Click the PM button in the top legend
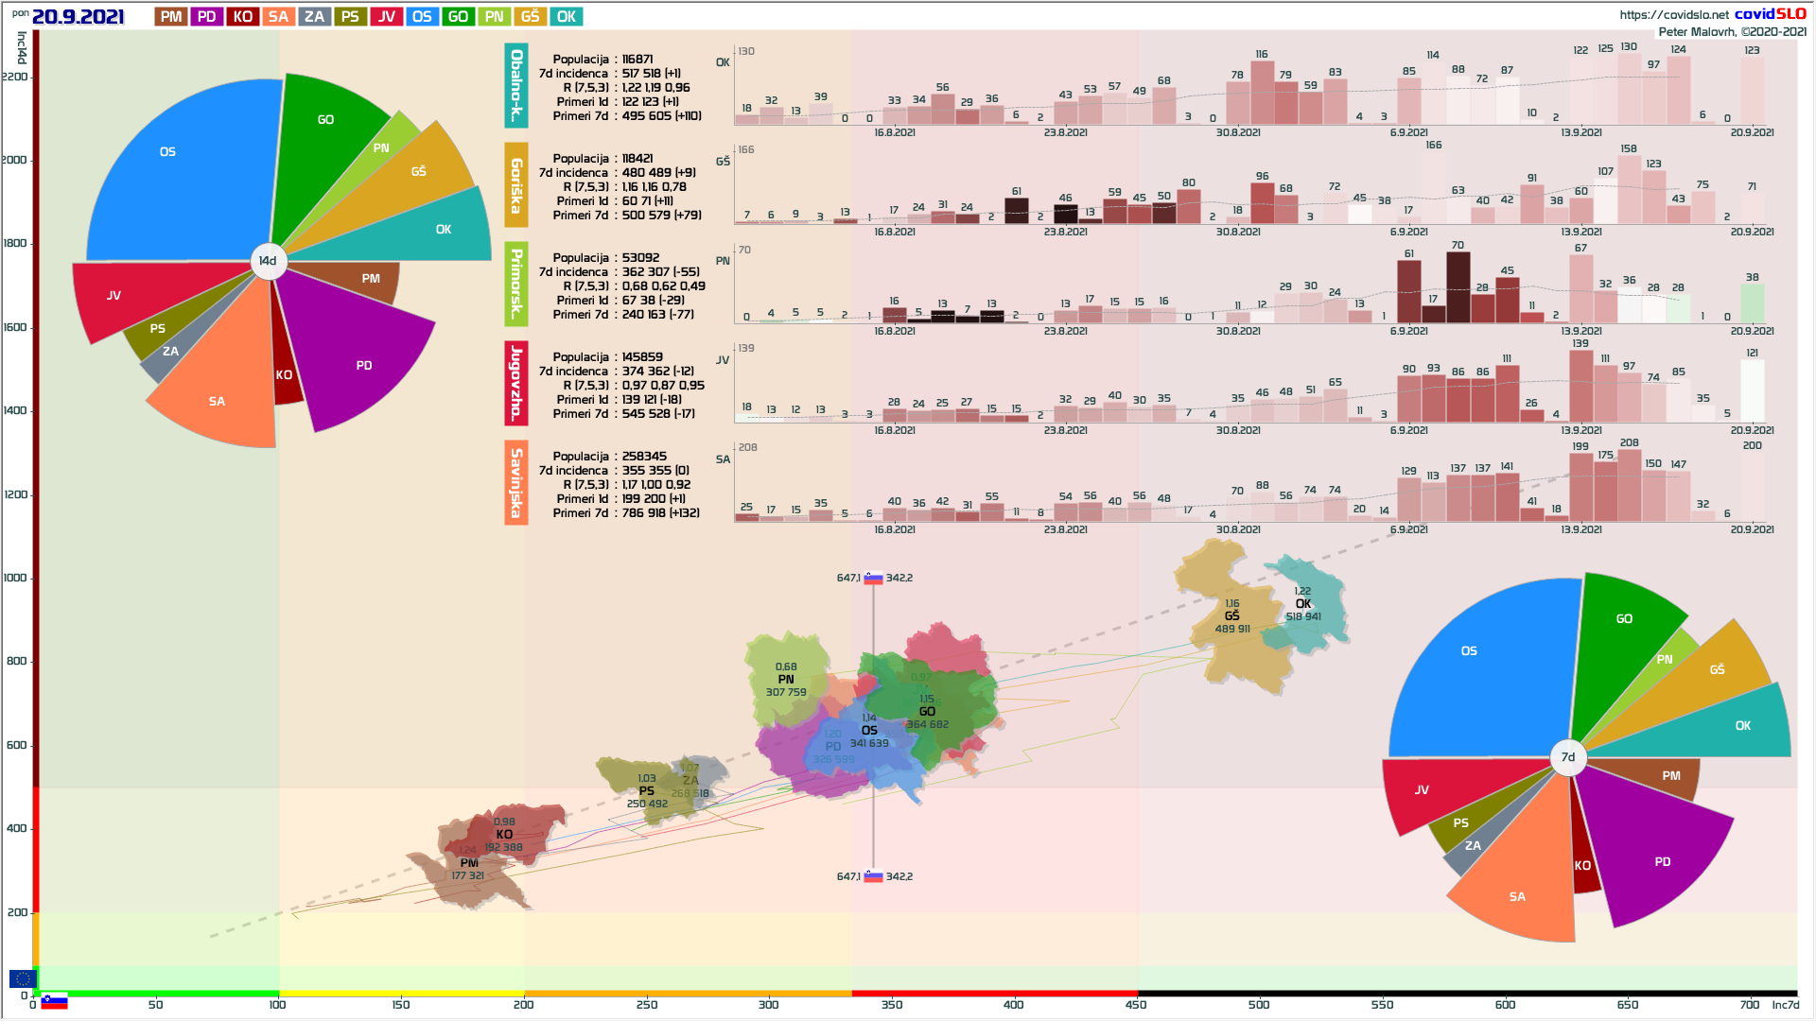(x=171, y=17)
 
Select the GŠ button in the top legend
(x=530, y=17)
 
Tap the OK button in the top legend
(x=567, y=17)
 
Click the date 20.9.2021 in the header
(x=78, y=17)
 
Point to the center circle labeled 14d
(x=268, y=261)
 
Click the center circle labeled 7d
(x=1567, y=756)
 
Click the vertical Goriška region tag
(x=515, y=185)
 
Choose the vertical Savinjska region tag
(x=515, y=482)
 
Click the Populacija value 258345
(x=644, y=457)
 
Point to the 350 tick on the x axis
(x=891, y=1005)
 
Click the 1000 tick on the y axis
(x=15, y=578)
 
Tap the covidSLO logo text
(x=1770, y=14)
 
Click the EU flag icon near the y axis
(x=23, y=978)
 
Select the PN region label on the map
(x=786, y=680)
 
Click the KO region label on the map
(x=504, y=835)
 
